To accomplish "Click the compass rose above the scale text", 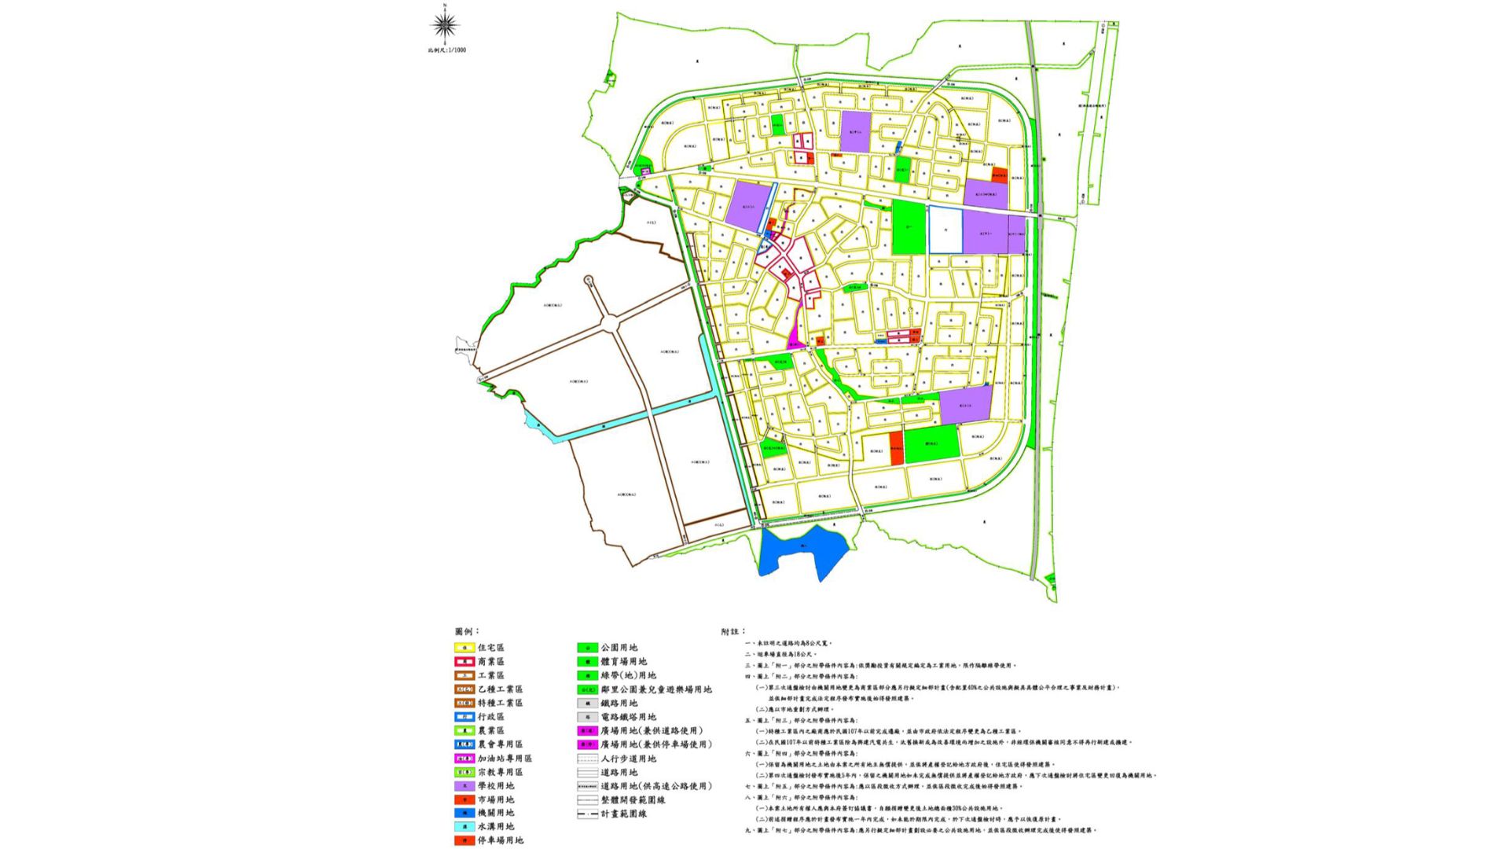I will pyautogui.click(x=445, y=25).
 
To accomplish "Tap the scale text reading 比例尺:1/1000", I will pyautogui.click(x=446, y=50).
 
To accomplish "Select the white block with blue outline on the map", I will pyautogui.click(x=945, y=230).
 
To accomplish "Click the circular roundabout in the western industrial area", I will pyautogui.click(x=611, y=322).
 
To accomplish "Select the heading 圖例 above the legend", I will pyautogui.click(x=466, y=631).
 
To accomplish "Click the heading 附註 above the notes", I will pyautogui.click(x=732, y=631).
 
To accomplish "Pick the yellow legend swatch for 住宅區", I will pyautogui.click(x=464, y=648).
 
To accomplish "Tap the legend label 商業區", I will pyautogui.click(x=490, y=662).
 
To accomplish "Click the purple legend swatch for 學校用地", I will pyautogui.click(x=464, y=786).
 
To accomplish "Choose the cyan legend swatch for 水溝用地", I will pyautogui.click(x=464, y=827).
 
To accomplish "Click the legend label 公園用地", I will pyautogui.click(x=619, y=648).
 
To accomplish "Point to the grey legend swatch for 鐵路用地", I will pyautogui.click(x=587, y=704).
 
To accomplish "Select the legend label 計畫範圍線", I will pyautogui.click(x=623, y=814).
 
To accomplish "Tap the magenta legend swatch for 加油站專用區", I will pyautogui.click(x=464, y=759).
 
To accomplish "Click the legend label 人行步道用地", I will pyautogui.click(x=628, y=759).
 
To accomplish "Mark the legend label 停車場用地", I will pyautogui.click(x=500, y=840).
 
